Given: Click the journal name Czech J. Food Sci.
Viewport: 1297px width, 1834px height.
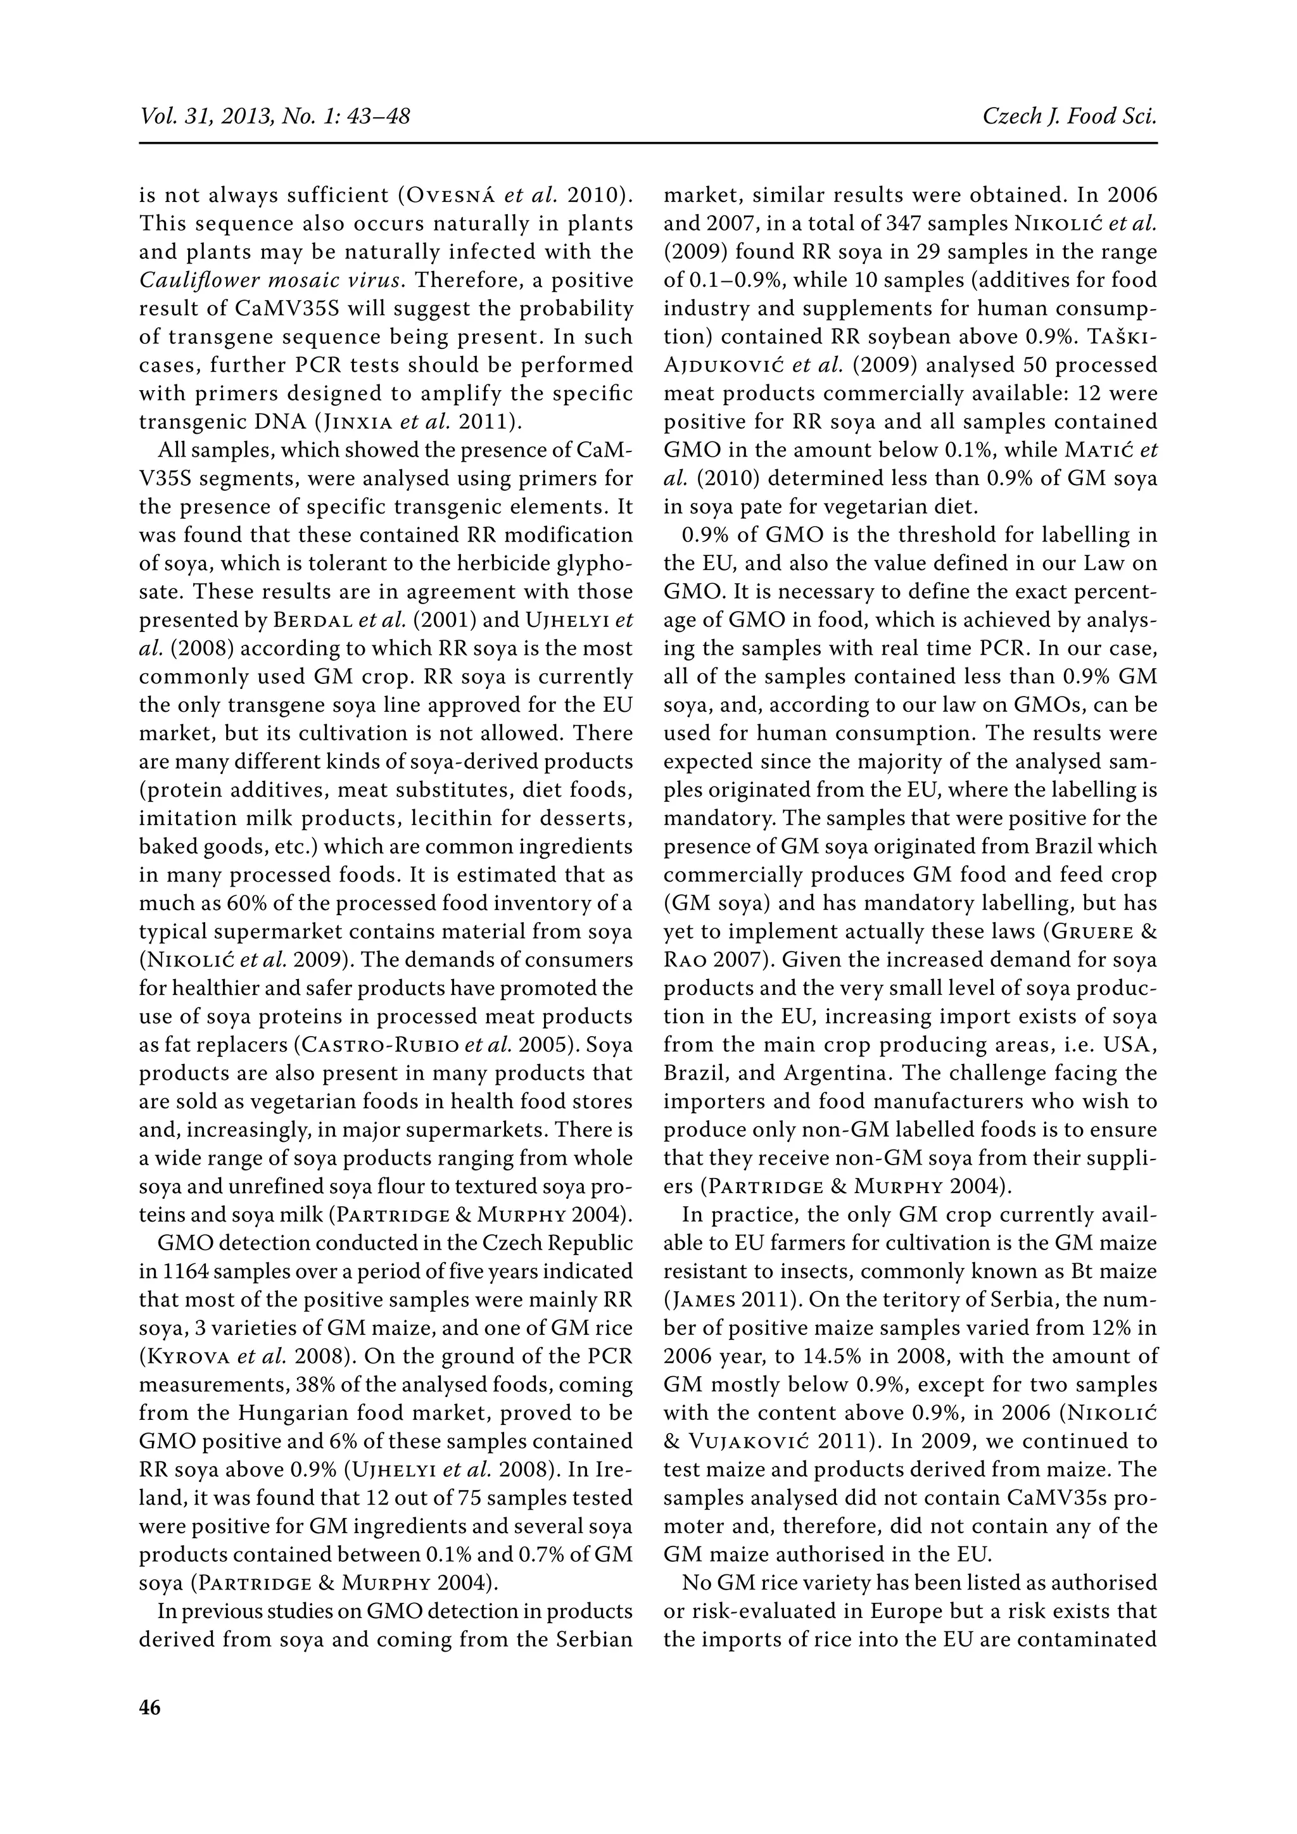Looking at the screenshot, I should pos(1070,117).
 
